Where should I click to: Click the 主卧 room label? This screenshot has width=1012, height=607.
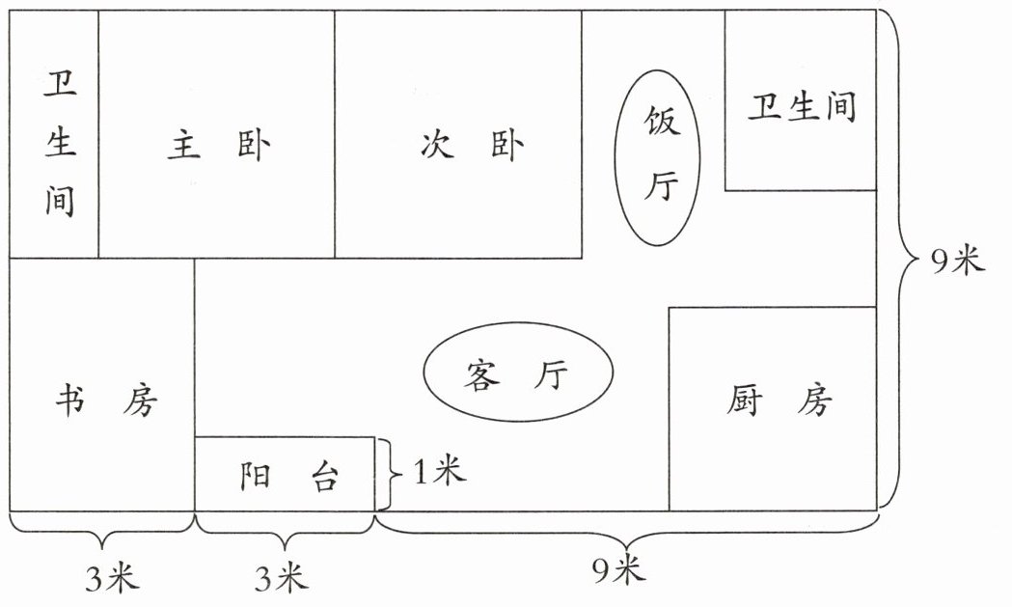pyautogui.click(x=218, y=147)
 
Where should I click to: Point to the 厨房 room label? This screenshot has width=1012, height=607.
pyautogui.click(x=777, y=400)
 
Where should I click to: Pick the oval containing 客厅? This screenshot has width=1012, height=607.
pyautogui.click(x=519, y=372)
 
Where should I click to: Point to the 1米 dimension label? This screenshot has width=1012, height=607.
pyautogui.click(x=439, y=473)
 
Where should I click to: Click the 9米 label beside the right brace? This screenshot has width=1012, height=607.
pyautogui.click(x=955, y=261)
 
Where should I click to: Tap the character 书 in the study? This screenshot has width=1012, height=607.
pyautogui.click(x=69, y=400)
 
